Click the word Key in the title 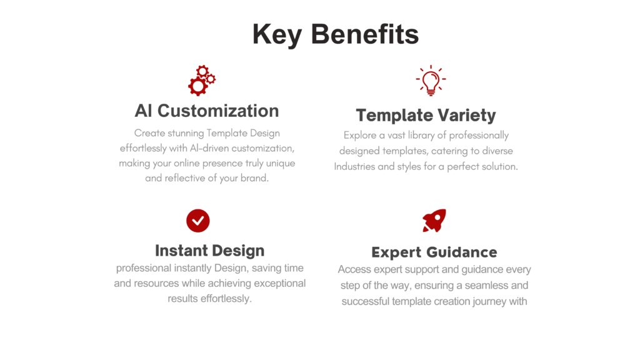tap(277, 35)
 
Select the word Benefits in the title tap(365, 34)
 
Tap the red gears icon tap(202, 81)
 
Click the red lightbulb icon tap(431, 81)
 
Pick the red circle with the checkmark tap(198, 221)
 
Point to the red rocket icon tap(434, 221)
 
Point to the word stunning tap(186, 134)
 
